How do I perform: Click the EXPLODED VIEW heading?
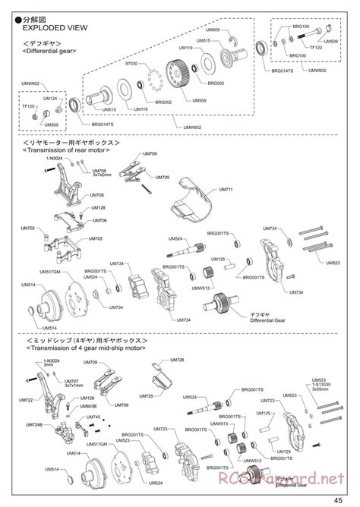(51, 24)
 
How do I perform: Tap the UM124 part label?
(50, 99)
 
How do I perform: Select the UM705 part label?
(96, 238)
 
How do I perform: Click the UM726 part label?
(177, 359)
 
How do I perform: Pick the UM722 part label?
(27, 400)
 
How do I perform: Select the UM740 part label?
(93, 417)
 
